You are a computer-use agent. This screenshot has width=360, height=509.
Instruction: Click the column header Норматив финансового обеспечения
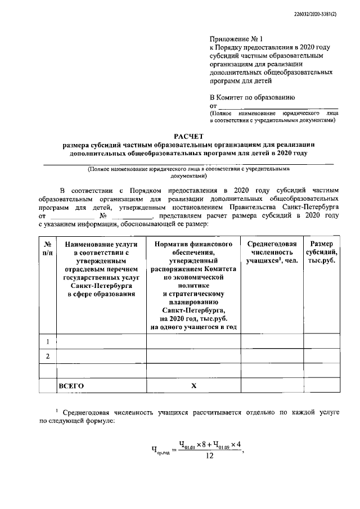tap(193, 285)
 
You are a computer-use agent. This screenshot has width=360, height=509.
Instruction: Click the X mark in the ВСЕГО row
tap(193, 386)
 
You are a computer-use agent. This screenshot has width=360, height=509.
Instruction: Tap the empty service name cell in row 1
tap(101, 341)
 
